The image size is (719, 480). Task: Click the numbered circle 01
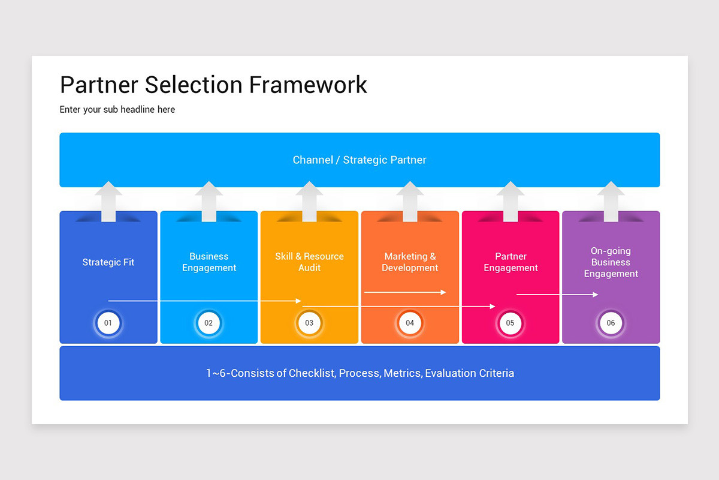click(x=108, y=323)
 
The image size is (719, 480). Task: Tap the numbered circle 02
click(x=209, y=323)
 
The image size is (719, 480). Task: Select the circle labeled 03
click(x=309, y=323)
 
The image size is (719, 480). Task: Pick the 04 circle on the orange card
click(x=410, y=323)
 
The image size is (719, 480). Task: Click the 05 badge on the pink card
click(x=510, y=323)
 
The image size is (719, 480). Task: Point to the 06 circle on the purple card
click(x=611, y=323)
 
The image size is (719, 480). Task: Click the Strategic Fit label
click(x=108, y=262)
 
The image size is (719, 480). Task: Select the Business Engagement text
click(x=209, y=262)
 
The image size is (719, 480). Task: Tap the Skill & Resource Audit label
click(x=309, y=262)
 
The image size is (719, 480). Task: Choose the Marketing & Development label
click(x=410, y=262)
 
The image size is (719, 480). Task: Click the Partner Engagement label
click(x=510, y=262)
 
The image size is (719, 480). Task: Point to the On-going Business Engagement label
click(x=611, y=262)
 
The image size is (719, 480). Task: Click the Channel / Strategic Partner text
click(x=359, y=160)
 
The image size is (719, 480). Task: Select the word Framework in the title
click(x=308, y=85)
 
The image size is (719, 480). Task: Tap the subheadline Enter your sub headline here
click(x=117, y=109)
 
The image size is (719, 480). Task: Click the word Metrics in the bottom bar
click(x=402, y=373)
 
